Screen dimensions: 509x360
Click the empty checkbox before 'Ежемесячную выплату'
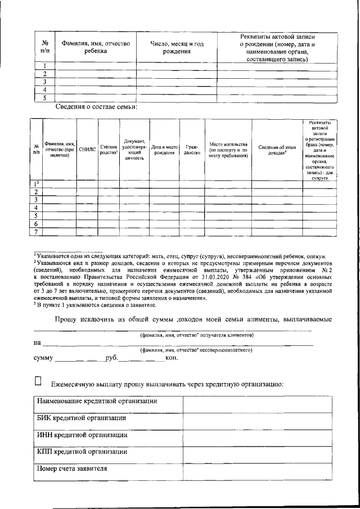coord(39,381)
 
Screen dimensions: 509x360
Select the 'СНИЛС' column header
coord(87,150)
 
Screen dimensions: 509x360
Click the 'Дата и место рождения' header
coord(165,150)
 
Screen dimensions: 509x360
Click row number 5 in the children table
coord(44,97)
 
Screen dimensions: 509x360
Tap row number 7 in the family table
coord(36,231)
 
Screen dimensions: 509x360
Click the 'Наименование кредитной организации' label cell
coord(96,402)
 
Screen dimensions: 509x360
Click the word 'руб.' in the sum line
coord(112,358)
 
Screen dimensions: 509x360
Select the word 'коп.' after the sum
coord(172,358)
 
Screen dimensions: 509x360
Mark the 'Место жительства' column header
coord(228,150)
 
